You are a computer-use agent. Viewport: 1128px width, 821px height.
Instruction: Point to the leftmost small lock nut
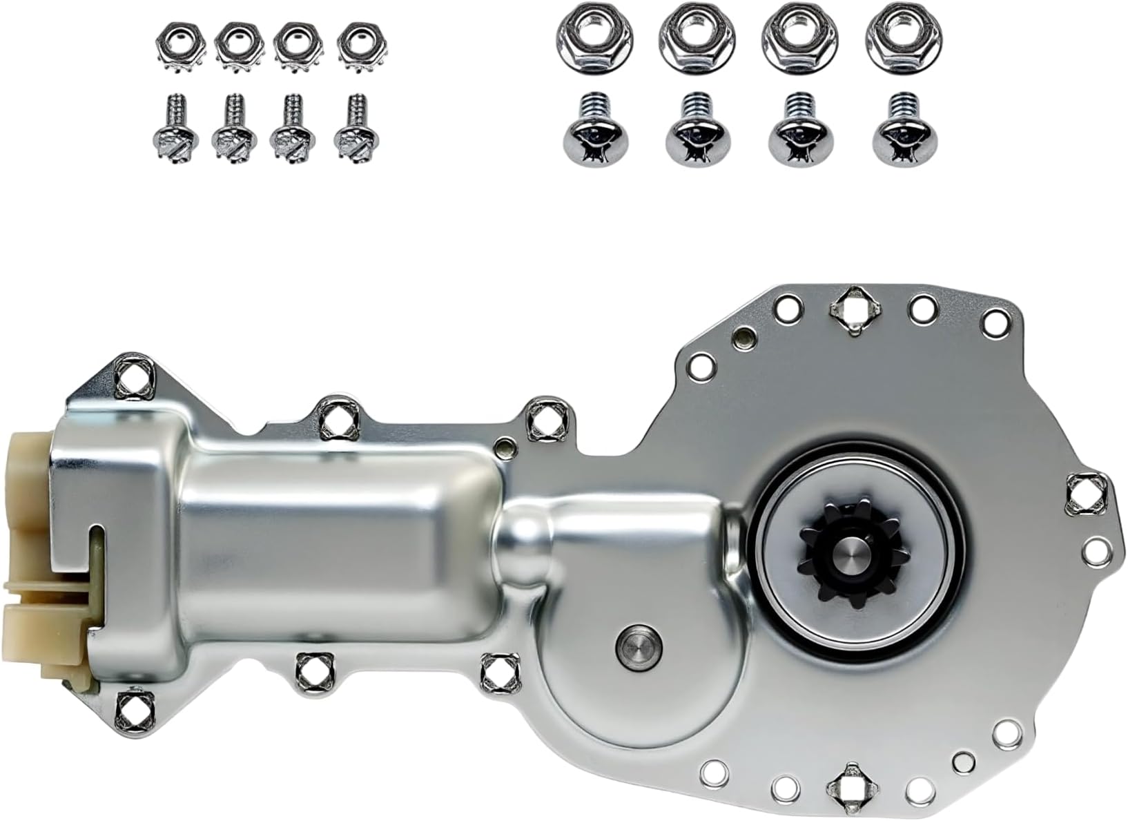point(171,46)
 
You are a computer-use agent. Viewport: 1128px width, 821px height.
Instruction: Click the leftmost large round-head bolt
point(585,129)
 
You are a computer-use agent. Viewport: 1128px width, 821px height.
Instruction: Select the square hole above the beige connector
point(130,377)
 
